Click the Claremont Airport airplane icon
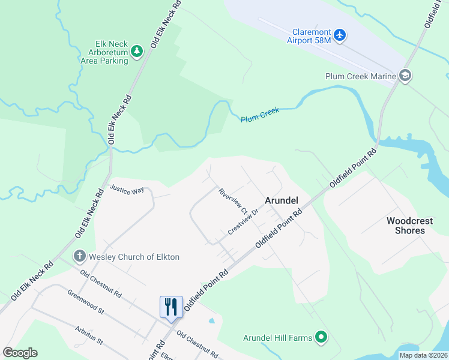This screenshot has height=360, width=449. [340, 35]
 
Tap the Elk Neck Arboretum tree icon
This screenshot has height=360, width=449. [137, 52]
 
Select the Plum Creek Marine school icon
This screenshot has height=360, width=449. [405, 76]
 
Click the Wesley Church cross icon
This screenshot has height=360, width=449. [79, 257]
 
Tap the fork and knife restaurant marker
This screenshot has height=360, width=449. [171, 307]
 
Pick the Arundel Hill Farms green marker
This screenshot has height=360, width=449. [321, 338]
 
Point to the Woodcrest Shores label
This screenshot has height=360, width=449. [409, 226]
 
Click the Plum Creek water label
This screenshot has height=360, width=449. [260, 115]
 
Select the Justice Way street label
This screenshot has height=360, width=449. [127, 190]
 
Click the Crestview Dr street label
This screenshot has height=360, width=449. [243, 222]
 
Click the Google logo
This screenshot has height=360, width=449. [20, 353]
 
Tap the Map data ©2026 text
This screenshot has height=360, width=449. [423, 355]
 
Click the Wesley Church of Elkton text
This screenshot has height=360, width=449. [134, 257]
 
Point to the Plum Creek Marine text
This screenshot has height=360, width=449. [360, 76]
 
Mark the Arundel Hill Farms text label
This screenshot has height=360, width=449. [277, 338]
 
